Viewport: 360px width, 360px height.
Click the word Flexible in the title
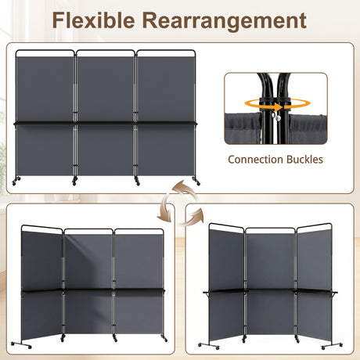[93, 20]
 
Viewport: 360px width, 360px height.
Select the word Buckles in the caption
[304, 160]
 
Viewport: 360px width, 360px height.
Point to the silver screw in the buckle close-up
[278, 118]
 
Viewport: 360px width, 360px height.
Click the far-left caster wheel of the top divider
[14, 183]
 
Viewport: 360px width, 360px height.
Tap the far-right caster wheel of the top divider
[198, 183]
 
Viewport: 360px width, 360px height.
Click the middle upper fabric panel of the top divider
[106, 88]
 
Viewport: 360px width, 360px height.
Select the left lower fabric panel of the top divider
[45, 149]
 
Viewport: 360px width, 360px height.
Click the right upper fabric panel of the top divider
[166, 88]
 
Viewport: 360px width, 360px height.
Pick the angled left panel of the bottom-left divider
[41, 285]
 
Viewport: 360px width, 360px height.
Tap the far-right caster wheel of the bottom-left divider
[165, 340]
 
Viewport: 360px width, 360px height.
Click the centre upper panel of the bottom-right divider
[270, 261]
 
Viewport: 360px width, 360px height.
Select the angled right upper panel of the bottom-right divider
[315, 260]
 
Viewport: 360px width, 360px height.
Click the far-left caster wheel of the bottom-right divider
[200, 345]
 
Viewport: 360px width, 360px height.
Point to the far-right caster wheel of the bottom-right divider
[340, 345]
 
